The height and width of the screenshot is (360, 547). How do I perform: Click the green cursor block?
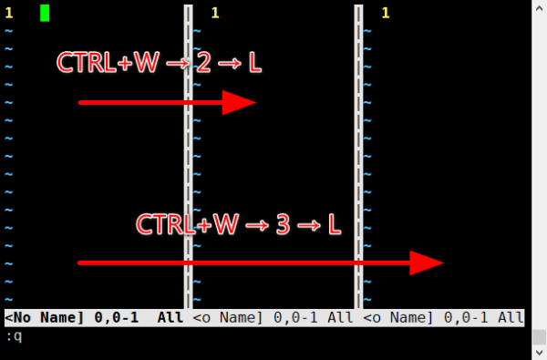coord(45,14)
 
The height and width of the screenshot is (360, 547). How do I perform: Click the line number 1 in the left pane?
coord(9,14)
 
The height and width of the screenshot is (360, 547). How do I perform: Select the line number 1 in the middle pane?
coord(215,14)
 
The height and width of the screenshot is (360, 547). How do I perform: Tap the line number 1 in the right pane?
coord(386,14)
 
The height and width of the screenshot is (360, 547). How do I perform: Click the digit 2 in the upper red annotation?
coord(203,63)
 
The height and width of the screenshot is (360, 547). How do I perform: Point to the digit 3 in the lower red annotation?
coord(283,224)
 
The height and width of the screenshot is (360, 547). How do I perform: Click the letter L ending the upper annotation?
coord(255,63)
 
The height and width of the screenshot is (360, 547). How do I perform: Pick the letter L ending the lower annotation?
coord(335,224)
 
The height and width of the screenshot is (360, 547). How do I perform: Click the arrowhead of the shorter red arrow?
coord(239,103)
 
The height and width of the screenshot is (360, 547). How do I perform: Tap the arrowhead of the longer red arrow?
coord(427,262)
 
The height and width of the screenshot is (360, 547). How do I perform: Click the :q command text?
coord(15,336)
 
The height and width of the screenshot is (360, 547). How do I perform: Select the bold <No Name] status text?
coord(45,317)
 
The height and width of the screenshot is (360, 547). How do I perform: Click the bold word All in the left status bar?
coord(170,317)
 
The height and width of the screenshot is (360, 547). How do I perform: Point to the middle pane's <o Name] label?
coord(227,317)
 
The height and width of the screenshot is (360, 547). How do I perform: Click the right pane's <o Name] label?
coord(398,317)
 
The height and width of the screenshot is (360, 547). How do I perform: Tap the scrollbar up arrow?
coord(540,8)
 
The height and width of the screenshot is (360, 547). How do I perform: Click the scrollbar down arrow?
coord(540,353)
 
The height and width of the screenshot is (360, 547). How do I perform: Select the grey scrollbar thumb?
coord(540,337)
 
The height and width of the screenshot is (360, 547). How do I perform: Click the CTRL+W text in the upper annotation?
coord(108,63)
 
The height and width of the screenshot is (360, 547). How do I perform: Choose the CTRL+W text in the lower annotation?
coord(187,224)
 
